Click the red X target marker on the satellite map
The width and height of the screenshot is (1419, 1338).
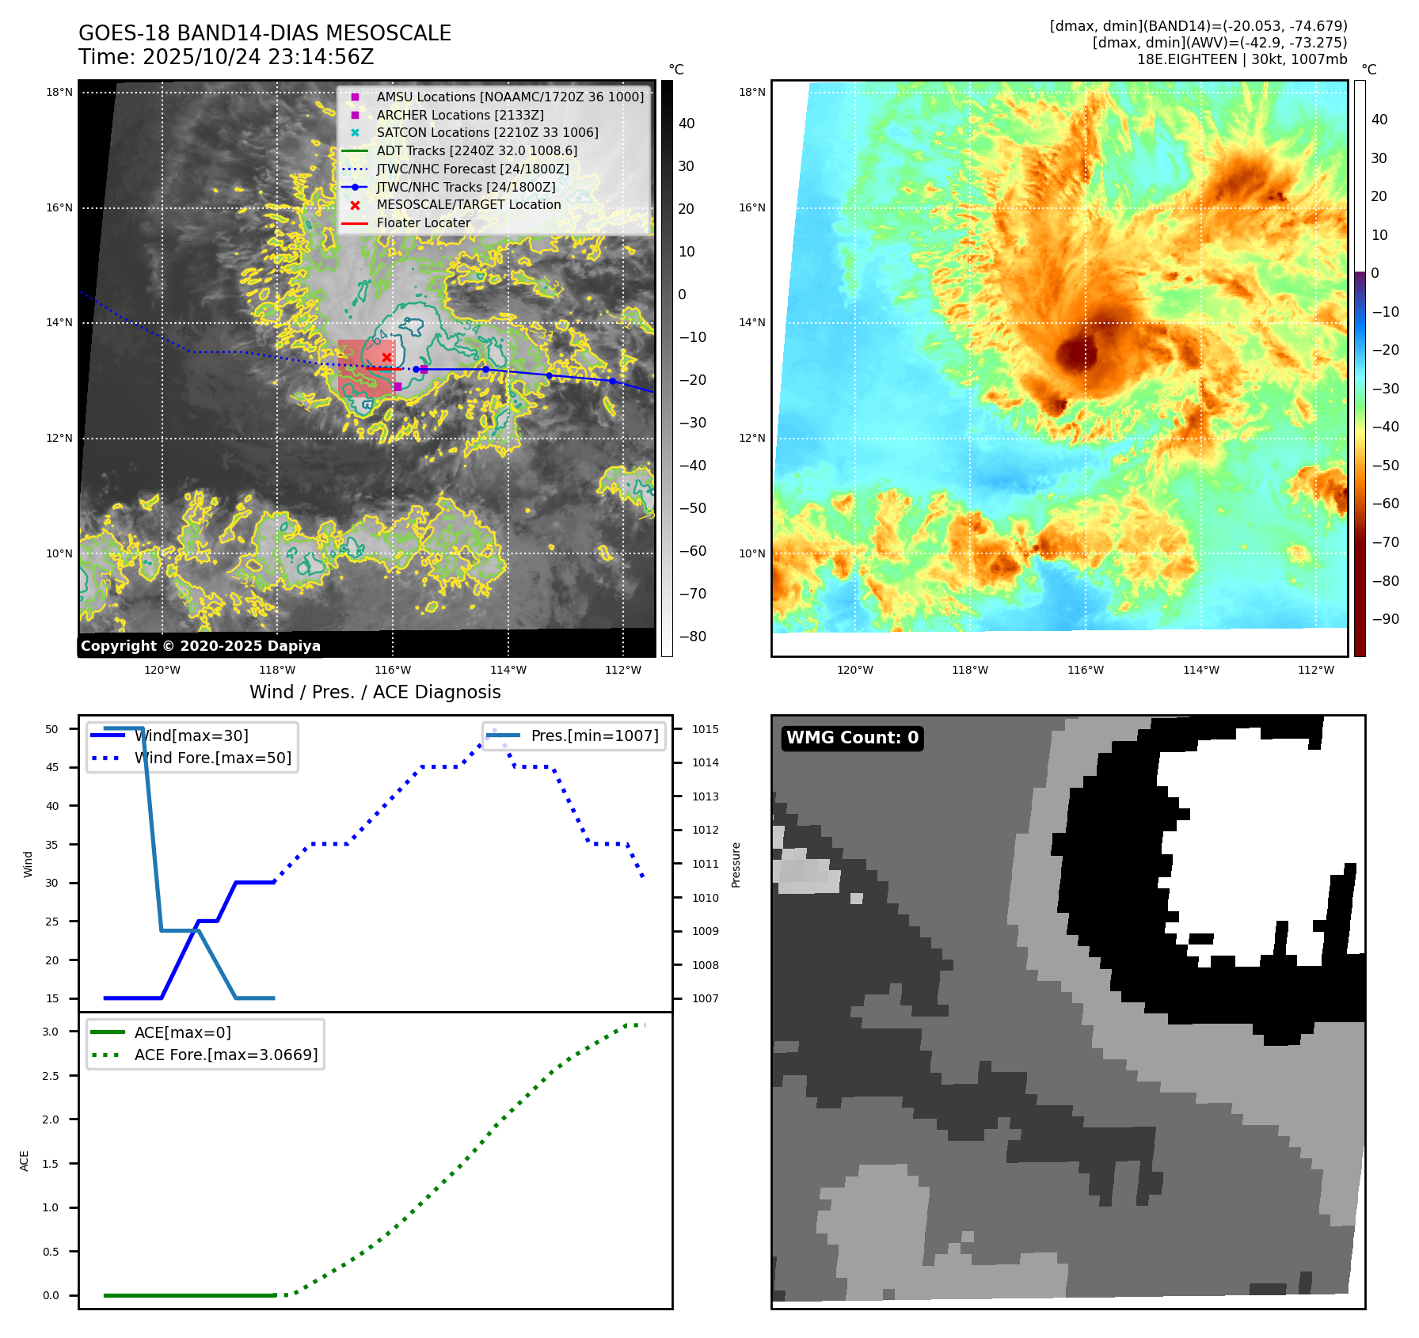click(x=386, y=358)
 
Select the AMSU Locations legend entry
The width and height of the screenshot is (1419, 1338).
click(x=509, y=97)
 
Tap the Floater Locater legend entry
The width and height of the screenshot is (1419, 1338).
click(x=423, y=222)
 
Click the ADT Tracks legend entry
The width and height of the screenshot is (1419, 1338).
click(x=476, y=150)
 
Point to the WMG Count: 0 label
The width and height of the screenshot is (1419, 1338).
click(x=852, y=738)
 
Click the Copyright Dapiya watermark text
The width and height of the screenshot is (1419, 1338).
click(x=200, y=646)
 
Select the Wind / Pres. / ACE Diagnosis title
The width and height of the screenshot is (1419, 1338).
click(x=375, y=692)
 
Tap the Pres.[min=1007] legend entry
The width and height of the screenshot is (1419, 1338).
click(x=594, y=736)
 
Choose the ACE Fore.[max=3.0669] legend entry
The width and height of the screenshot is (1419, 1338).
click(x=226, y=1055)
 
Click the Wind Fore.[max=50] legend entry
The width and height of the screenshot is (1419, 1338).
click(x=212, y=758)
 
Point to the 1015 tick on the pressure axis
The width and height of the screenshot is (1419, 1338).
click(x=705, y=729)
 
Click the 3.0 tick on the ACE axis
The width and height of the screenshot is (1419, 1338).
click(x=51, y=1032)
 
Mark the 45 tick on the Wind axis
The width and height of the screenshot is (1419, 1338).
click(x=52, y=767)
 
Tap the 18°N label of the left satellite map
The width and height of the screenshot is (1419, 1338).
click(x=59, y=92)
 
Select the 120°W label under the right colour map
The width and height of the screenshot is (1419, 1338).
click(x=854, y=670)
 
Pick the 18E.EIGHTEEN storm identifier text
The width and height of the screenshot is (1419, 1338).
click(x=1186, y=59)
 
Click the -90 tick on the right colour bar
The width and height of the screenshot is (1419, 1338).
click(x=1385, y=619)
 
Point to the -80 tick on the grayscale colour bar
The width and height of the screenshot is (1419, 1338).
click(x=692, y=637)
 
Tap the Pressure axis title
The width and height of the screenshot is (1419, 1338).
click(x=736, y=865)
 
